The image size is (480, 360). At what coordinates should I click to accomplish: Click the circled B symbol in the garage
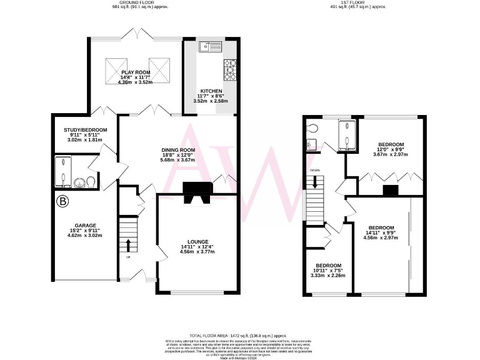(x=62, y=201)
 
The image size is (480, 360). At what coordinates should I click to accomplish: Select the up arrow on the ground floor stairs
(x=128, y=243)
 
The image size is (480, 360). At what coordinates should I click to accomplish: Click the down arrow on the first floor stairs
(x=315, y=182)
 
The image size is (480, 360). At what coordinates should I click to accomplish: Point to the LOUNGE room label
(x=197, y=241)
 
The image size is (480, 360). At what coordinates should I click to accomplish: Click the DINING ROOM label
(x=179, y=150)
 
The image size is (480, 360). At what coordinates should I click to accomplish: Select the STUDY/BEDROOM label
(x=86, y=130)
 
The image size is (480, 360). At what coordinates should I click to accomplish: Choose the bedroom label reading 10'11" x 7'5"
(x=327, y=265)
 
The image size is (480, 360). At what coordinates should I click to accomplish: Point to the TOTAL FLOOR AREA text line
(x=239, y=335)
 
